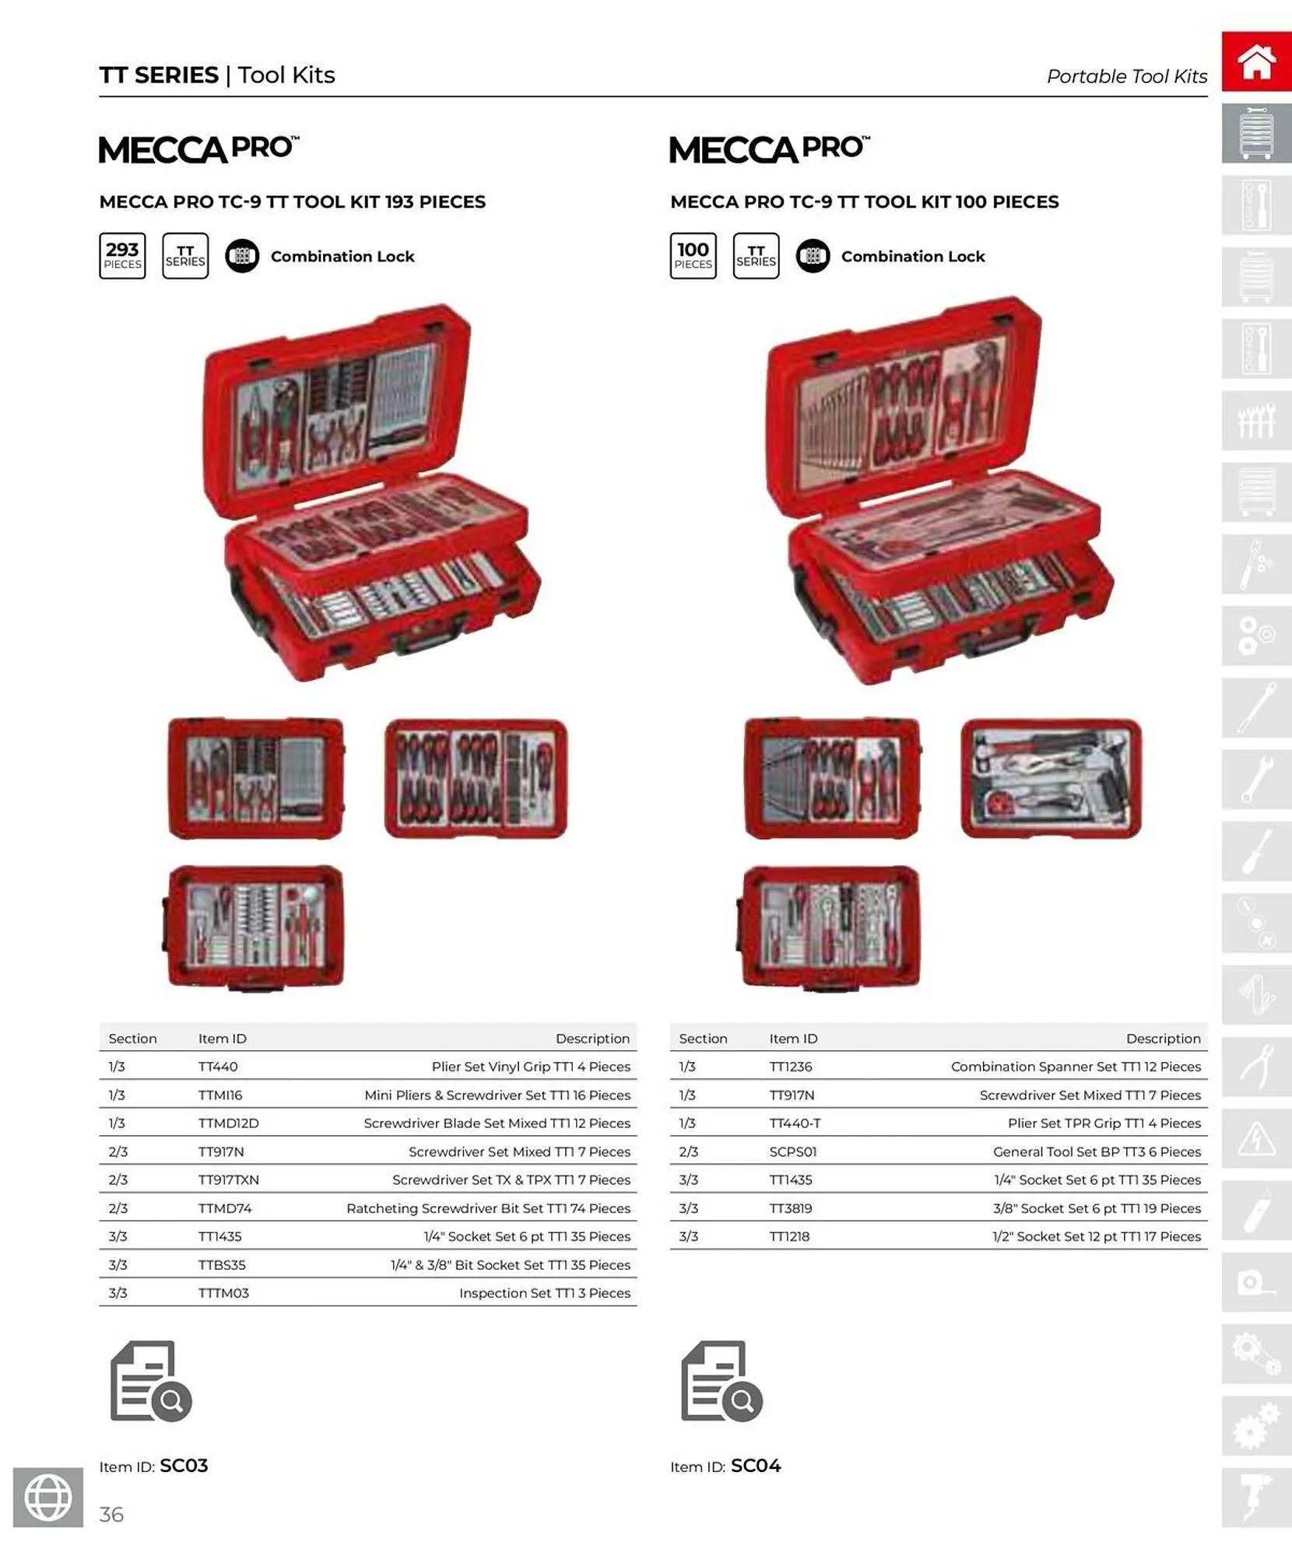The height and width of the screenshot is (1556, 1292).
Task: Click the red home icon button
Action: click(1256, 62)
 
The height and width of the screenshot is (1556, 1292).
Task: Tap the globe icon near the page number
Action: click(48, 1497)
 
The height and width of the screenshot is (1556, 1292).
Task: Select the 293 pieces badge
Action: click(122, 256)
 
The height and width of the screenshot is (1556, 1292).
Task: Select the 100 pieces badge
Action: click(693, 256)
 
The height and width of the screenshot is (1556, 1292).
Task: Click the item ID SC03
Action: click(184, 1466)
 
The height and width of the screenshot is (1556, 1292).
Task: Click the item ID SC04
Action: click(755, 1466)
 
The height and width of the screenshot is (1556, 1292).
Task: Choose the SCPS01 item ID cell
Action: click(792, 1151)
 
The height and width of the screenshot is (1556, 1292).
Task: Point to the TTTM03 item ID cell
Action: click(223, 1293)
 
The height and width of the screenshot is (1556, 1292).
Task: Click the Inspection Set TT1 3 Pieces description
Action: click(544, 1293)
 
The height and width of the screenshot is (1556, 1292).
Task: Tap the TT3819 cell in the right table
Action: click(790, 1208)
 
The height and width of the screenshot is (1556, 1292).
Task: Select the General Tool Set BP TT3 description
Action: click(1096, 1151)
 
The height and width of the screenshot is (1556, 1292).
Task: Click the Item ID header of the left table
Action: click(222, 1039)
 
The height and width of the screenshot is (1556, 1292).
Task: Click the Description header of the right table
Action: click(1163, 1039)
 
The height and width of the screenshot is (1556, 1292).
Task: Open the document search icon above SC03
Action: click(151, 1381)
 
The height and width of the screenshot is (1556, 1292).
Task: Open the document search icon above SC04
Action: click(721, 1381)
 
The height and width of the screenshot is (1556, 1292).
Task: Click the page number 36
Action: click(111, 1514)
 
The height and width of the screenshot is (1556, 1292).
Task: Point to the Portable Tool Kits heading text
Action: click(1126, 76)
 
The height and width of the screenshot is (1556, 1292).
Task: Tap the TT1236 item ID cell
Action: click(790, 1067)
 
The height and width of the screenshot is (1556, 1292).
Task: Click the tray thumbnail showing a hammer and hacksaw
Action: click(1051, 778)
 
